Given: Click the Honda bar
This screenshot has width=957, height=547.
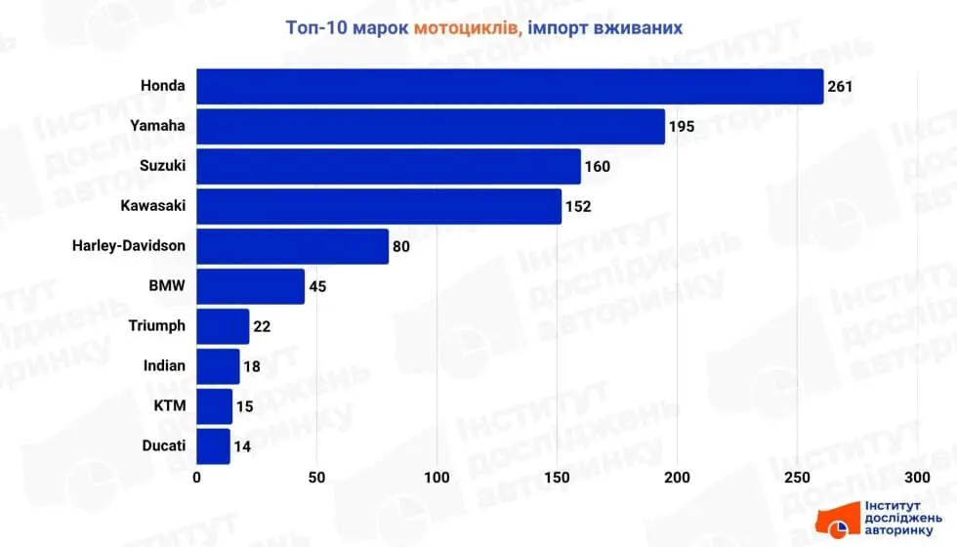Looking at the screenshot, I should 510,86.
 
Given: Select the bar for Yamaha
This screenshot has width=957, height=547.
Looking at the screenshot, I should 431,126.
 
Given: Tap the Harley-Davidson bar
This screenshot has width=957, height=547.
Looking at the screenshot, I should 293,246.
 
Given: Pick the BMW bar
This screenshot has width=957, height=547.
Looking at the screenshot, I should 251,286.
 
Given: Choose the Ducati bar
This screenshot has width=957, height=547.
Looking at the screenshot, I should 214,446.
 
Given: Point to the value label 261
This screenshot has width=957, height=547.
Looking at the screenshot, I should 840,87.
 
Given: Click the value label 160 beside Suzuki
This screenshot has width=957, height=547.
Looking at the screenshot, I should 597,167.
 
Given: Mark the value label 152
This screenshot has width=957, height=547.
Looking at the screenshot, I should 577,207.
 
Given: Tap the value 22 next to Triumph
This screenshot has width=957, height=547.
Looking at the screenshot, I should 262,326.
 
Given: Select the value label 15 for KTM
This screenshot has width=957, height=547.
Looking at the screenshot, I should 244,406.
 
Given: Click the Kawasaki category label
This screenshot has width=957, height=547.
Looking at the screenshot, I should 152,206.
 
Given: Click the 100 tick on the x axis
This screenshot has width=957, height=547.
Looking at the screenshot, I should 437,478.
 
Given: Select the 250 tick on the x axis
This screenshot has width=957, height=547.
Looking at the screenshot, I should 797,478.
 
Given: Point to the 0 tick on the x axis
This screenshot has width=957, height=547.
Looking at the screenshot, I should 197,478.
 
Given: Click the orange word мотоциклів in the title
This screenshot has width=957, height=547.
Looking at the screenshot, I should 466,27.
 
